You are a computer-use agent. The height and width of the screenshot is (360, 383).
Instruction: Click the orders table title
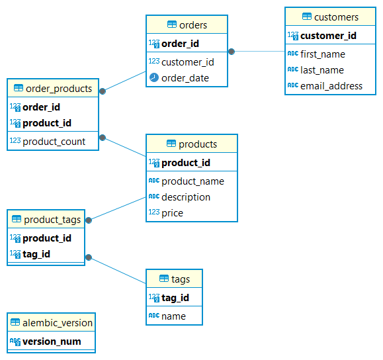(192, 25)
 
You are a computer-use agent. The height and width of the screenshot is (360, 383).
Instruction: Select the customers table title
(336, 17)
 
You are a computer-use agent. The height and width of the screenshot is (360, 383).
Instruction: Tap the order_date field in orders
(185, 78)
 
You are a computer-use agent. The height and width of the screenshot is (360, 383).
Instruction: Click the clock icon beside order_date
(153, 78)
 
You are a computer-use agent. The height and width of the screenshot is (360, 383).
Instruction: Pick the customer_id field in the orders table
(187, 62)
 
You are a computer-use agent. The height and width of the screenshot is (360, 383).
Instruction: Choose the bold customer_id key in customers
(328, 36)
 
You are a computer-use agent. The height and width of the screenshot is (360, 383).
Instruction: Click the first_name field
(322, 54)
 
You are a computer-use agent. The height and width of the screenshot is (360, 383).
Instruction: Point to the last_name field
(322, 70)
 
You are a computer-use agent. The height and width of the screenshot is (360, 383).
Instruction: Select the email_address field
(331, 86)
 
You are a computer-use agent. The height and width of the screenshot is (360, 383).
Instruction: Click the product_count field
(54, 142)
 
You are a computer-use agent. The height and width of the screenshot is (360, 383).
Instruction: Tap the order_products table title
(58, 89)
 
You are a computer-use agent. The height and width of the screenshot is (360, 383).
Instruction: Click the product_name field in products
(192, 181)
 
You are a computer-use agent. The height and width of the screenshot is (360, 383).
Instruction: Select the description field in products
(186, 197)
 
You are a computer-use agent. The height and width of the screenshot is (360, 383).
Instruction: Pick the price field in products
(172, 213)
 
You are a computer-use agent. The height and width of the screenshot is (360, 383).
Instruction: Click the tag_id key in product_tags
(36, 254)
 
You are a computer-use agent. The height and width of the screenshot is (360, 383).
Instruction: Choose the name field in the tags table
(173, 316)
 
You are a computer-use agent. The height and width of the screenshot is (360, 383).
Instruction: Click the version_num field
(52, 341)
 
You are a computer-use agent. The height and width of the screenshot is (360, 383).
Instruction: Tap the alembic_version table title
(58, 323)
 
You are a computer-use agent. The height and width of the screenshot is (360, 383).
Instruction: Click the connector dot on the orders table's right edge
(232, 51)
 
